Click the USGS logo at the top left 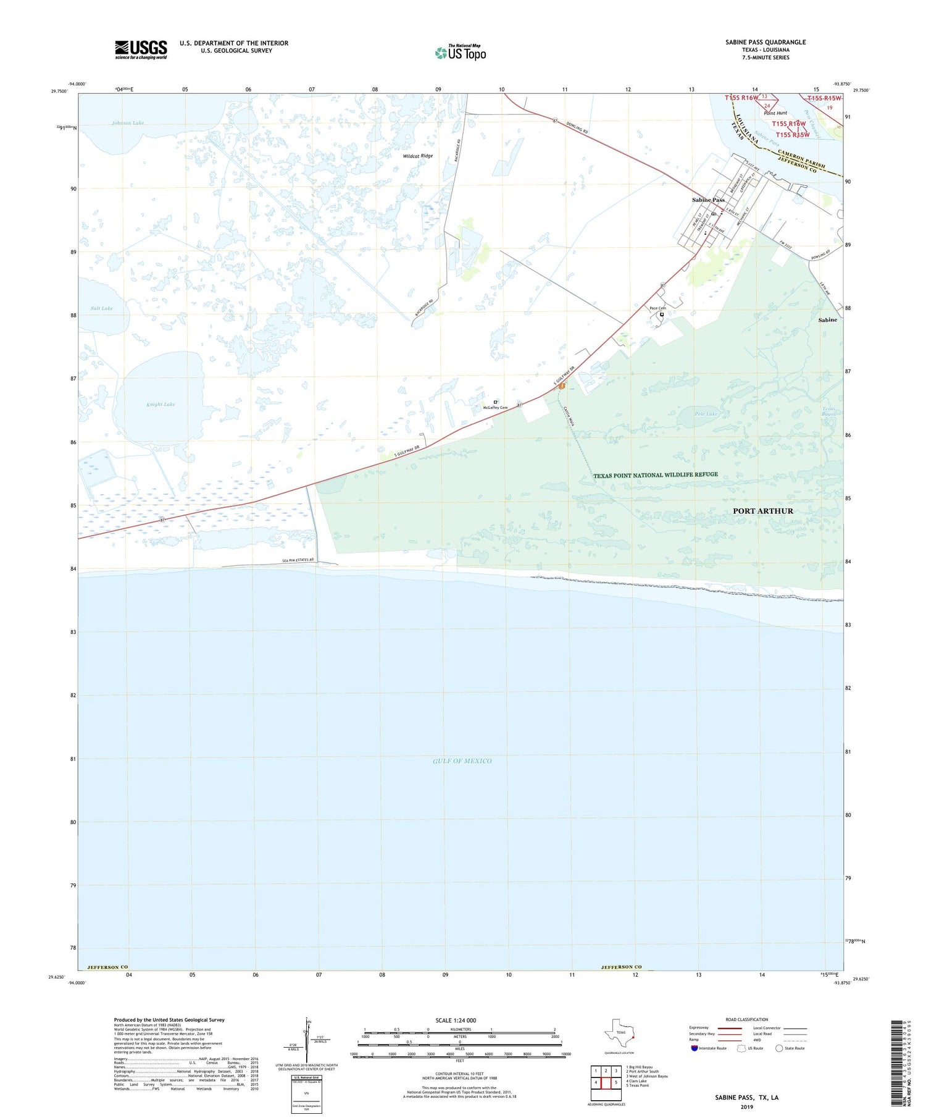[x=141, y=49]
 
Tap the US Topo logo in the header [x=460, y=53]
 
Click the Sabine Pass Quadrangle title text [x=765, y=42]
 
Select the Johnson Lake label [x=128, y=123]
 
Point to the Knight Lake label [x=161, y=405]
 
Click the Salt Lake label [x=102, y=308]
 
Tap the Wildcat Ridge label [x=418, y=156]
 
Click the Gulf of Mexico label [x=462, y=761]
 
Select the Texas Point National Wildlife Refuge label [x=656, y=474]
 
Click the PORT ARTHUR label [x=762, y=511]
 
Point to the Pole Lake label [x=706, y=414]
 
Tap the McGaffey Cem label [x=495, y=408]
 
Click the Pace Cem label [x=657, y=308]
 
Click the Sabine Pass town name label [x=708, y=200]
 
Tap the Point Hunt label [x=775, y=113]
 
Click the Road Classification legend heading [x=747, y=1019]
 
